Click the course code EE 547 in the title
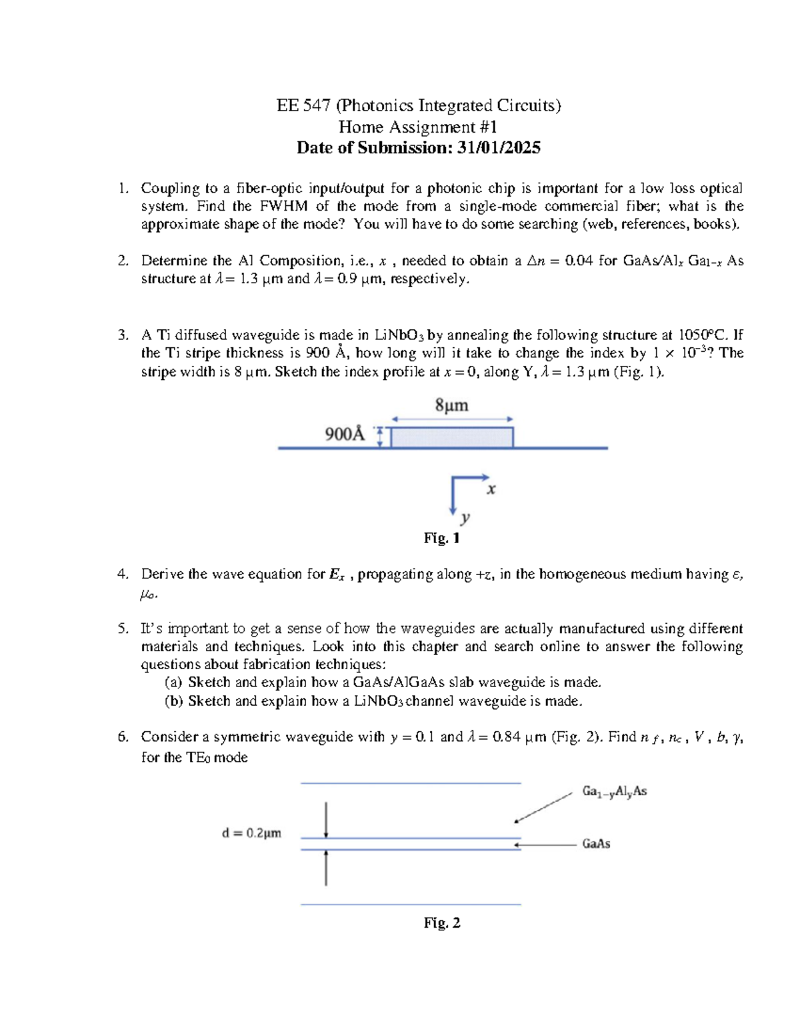click(x=303, y=105)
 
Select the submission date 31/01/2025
click(x=498, y=148)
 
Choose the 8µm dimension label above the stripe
click(x=451, y=405)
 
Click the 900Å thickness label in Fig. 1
click(x=345, y=435)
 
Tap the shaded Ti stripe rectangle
click(x=451, y=437)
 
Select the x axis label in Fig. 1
click(x=491, y=489)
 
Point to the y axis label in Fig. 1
click(x=465, y=517)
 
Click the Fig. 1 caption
click(x=441, y=538)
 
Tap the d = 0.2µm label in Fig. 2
click(x=251, y=833)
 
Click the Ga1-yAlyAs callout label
click(x=614, y=792)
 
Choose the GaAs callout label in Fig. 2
click(x=596, y=844)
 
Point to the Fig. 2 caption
click(x=441, y=923)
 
